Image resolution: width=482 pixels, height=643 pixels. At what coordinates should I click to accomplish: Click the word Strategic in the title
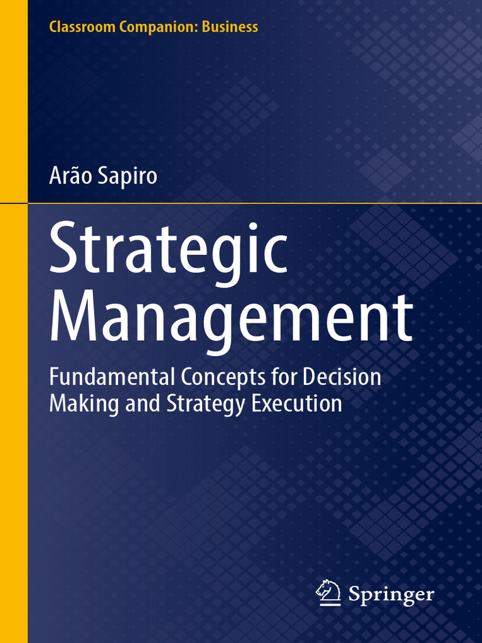point(168,250)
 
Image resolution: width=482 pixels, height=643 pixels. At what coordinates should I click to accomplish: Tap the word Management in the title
point(231,319)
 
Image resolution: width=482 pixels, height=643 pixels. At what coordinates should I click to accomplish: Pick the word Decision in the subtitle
point(343,377)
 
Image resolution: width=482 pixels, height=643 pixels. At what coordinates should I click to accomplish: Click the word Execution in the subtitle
point(297,403)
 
